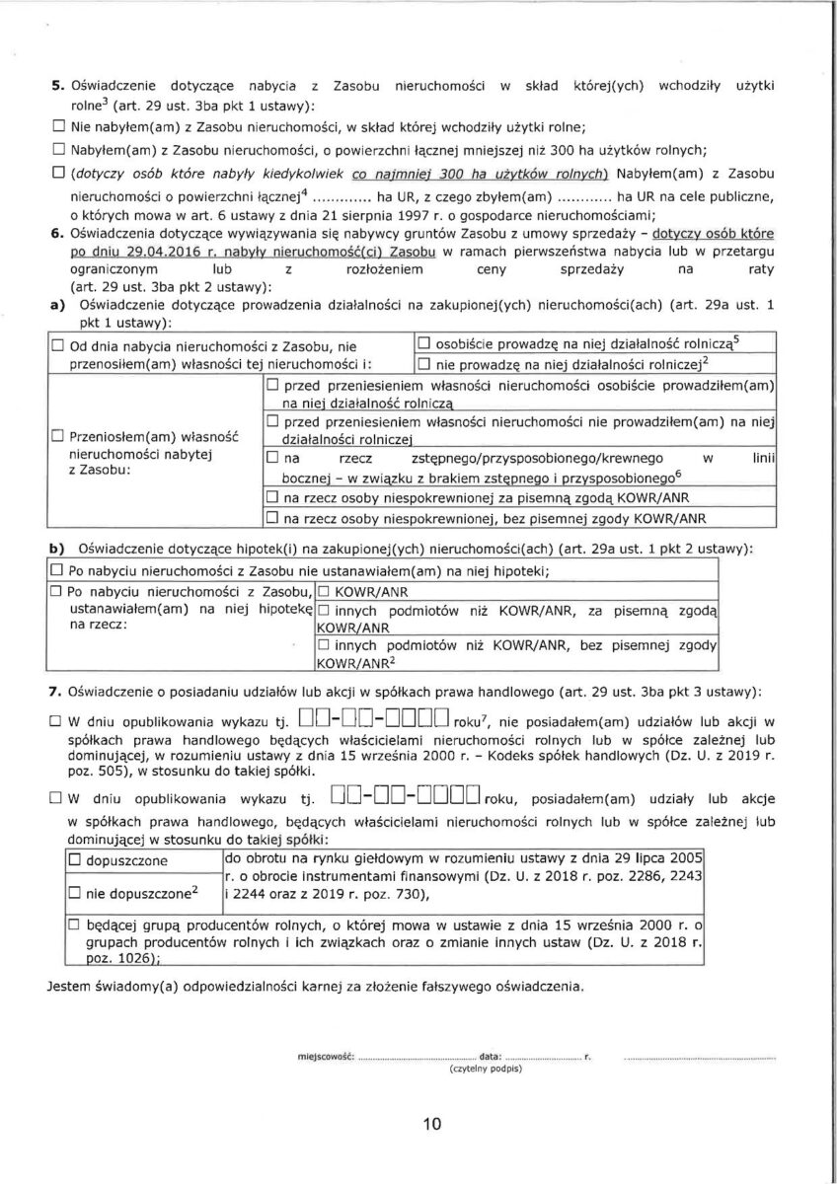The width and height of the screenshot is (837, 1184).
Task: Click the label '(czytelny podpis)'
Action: pyautogui.click(x=485, y=1069)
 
